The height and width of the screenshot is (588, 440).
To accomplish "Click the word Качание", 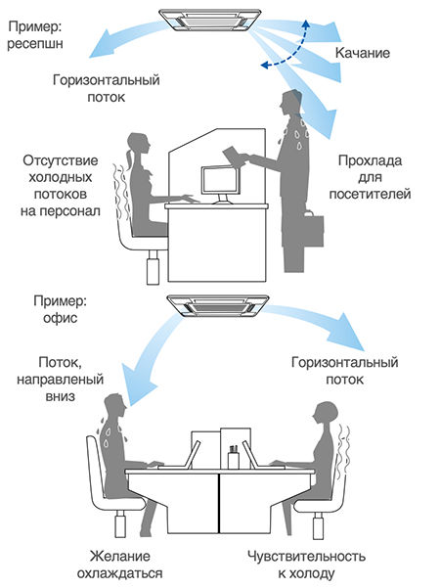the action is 362,53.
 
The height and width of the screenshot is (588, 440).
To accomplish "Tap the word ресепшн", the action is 35,44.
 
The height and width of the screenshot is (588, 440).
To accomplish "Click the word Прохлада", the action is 370,160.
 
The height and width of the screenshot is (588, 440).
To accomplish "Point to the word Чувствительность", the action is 306,556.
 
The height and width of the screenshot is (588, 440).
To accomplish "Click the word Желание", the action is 120,556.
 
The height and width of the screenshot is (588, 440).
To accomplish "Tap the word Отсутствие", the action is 61,160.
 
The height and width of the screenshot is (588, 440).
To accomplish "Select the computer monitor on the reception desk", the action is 220,184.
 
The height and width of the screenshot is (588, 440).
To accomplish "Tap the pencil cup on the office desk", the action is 234,457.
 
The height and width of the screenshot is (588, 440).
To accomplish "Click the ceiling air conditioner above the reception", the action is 210,21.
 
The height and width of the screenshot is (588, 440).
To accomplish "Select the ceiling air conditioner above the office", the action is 218,306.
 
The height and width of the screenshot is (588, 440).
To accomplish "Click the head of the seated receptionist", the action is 138,145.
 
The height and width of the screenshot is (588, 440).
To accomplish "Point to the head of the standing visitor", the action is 290,102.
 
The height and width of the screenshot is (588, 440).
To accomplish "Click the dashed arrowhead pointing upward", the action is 306,24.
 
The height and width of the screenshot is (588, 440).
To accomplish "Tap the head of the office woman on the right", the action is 326,413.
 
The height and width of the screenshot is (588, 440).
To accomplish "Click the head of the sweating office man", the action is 115,405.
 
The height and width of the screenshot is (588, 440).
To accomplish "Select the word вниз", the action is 61,396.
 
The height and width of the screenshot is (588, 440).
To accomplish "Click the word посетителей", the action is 370,194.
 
